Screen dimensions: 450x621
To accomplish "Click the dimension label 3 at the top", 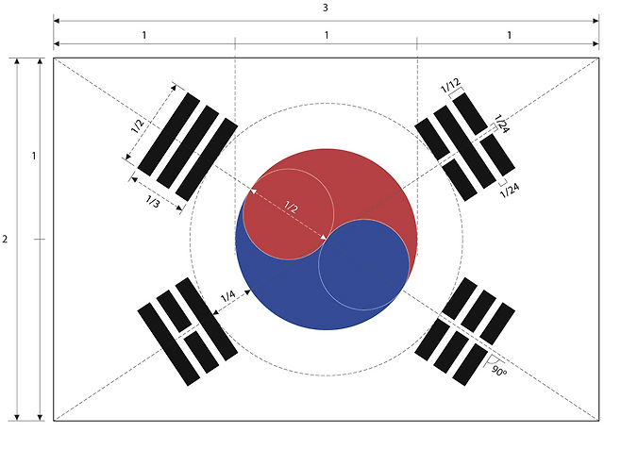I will pyautogui.click(x=326, y=8).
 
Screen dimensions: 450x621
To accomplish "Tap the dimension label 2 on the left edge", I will pyautogui.click(x=6, y=240).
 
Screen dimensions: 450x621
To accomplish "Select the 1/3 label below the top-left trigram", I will pyautogui.click(x=152, y=201).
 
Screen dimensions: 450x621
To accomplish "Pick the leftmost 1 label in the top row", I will pyautogui.click(x=144, y=35).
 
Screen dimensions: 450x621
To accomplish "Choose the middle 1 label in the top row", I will pyautogui.click(x=327, y=35).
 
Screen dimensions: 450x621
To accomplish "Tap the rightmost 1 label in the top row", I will pyautogui.click(x=509, y=35).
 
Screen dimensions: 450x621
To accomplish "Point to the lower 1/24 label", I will pyautogui.click(x=509, y=191).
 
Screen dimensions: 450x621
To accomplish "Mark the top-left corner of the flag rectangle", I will pyautogui.click(x=54, y=58).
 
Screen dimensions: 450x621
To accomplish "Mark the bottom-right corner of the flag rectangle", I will pyautogui.click(x=599, y=421).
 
